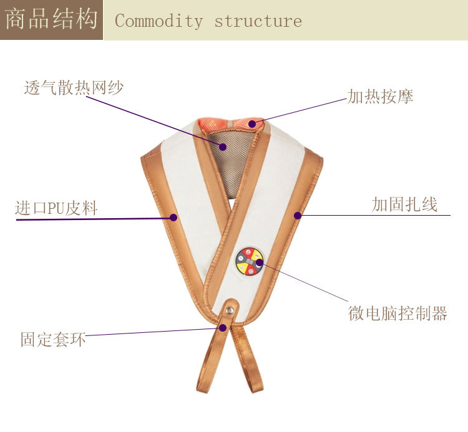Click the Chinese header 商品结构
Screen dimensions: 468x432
[51, 20]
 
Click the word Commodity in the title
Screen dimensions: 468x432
[159, 21]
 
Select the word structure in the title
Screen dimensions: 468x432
[258, 21]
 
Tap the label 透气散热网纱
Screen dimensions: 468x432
[74, 88]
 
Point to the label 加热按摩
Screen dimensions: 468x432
[380, 97]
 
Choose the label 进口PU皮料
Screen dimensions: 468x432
[56, 208]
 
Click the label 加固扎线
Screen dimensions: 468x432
[404, 204]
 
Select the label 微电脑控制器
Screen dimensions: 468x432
[397, 313]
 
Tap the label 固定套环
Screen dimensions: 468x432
[53, 340]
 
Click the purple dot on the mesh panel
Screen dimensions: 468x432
[223, 147]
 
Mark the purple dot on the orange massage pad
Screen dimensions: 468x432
[252, 124]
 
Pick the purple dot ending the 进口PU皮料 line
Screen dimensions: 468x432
[174, 218]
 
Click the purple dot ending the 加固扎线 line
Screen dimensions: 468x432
[298, 216]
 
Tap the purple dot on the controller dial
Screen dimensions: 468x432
[259, 263]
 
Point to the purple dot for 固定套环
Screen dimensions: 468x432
[222, 327]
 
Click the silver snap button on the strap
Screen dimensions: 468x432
[231, 307]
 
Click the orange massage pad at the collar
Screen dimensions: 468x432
[231, 123]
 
